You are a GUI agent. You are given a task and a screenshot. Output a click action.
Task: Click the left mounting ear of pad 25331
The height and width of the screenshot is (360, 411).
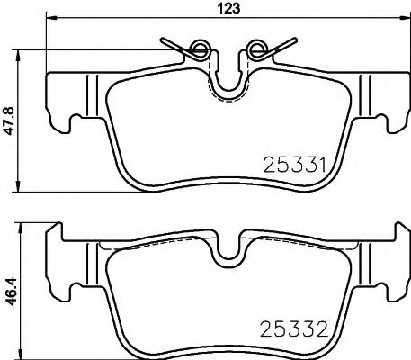pos(58,117)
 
